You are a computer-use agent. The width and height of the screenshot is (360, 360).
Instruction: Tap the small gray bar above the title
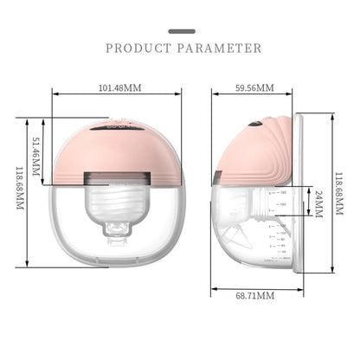(180, 31)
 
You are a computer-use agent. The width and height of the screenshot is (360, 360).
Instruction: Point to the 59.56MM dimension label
(254, 88)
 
